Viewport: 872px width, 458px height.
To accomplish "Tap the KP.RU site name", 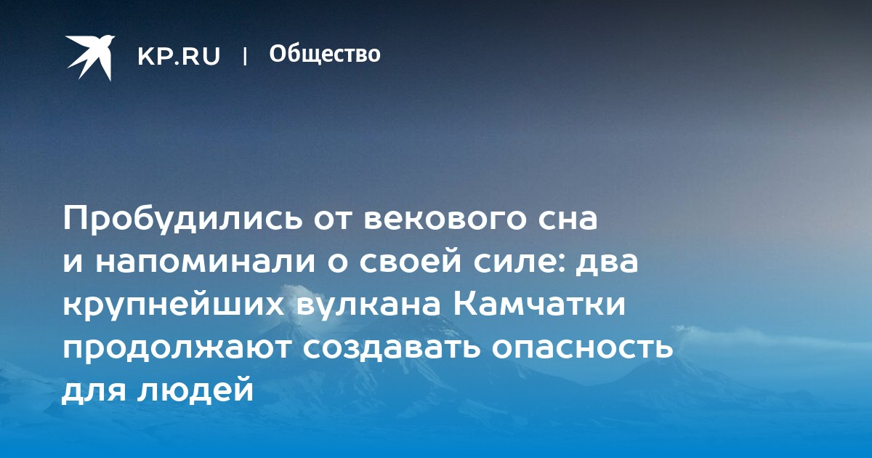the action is tap(179, 56).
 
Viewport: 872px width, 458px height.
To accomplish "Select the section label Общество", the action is tap(325, 54).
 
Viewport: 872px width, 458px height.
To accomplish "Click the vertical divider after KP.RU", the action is tap(245, 56).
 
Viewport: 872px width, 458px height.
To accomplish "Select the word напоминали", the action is tap(205, 262).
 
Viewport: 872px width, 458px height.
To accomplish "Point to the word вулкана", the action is tap(369, 305).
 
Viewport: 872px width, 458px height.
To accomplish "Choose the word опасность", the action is tap(583, 347).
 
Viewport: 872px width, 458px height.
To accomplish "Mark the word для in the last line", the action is tap(94, 390).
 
